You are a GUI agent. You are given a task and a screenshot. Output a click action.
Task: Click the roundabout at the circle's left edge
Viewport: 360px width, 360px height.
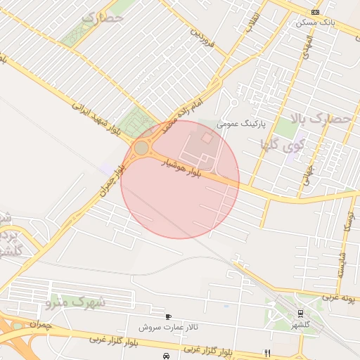(x=142, y=148)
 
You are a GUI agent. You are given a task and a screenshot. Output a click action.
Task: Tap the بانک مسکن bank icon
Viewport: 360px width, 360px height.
(x=315, y=12)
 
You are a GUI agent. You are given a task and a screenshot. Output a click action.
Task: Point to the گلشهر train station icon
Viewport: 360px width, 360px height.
(x=300, y=313)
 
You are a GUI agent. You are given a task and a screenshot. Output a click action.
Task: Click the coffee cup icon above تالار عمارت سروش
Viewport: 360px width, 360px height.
(x=168, y=316)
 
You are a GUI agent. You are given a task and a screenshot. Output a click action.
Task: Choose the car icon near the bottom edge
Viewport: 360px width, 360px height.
(x=165, y=356)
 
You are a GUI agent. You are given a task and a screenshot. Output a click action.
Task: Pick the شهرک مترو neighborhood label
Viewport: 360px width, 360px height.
(x=75, y=303)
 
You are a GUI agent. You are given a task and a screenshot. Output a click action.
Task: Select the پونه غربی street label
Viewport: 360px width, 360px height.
(x=341, y=297)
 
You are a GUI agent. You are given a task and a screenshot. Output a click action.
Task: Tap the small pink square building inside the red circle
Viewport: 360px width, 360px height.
(x=207, y=139)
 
